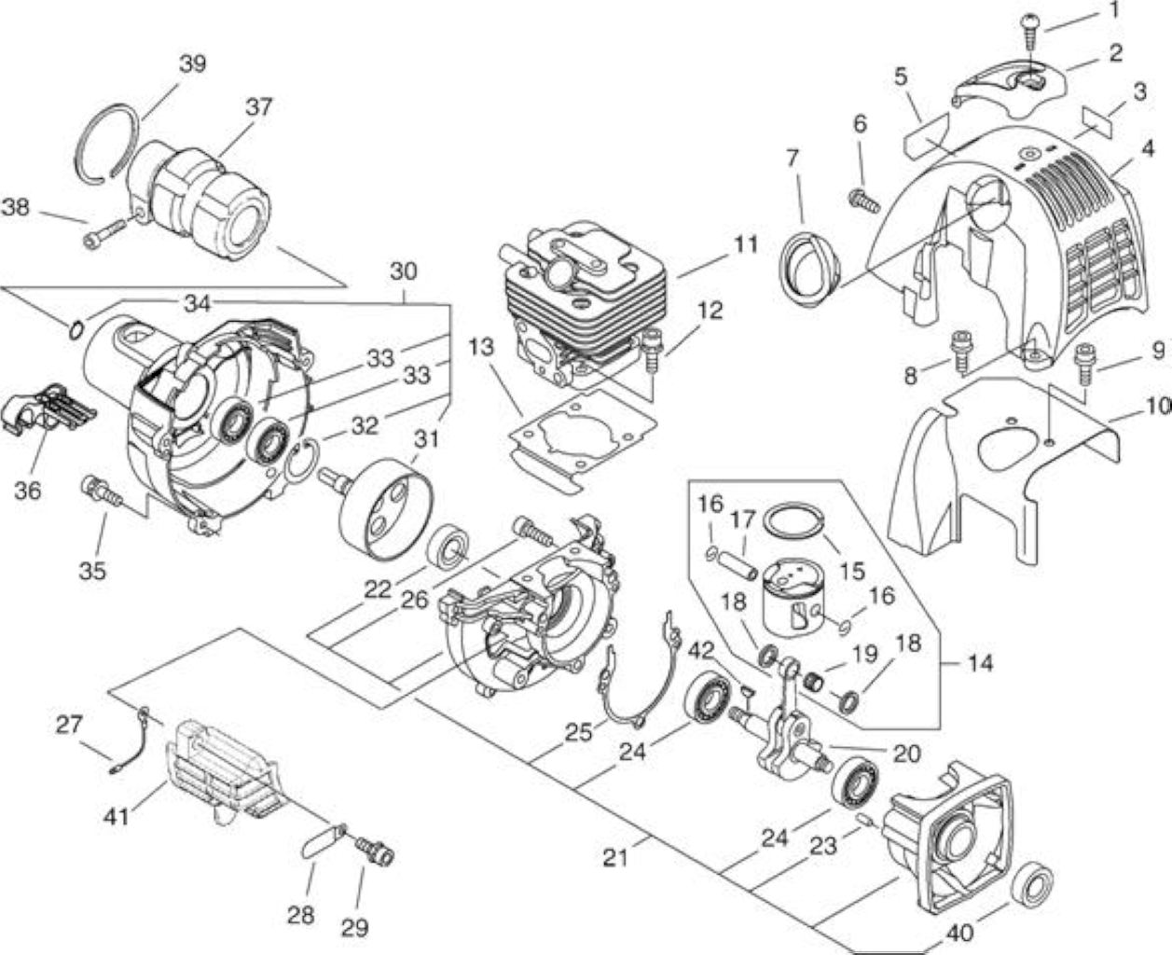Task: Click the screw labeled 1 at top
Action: point(1028,32)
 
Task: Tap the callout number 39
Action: point(193,64)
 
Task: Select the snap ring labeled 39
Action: point(105,142)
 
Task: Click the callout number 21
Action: point(614,858)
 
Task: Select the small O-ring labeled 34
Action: point(76,330)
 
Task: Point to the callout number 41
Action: point(117,817)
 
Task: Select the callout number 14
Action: point(981,663)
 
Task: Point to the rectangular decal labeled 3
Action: point(1096,123)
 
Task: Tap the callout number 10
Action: point(1157,407)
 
